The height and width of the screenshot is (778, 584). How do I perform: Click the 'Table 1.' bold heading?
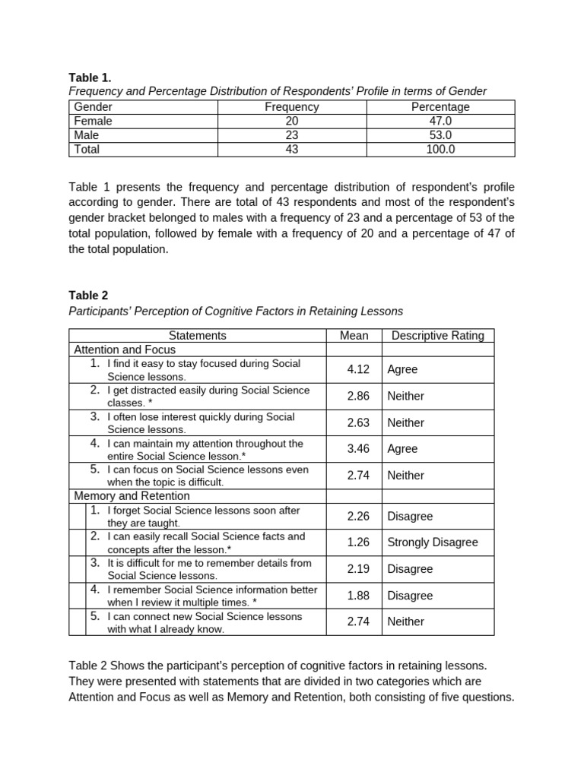click(90, 77)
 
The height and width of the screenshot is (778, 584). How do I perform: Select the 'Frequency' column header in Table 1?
click(291, 107)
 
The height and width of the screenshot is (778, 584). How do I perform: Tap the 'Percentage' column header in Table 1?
click(440, 107)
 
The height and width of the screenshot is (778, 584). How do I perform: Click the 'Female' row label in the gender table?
click(94, 121)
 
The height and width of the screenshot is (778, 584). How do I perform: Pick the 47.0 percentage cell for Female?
click(440, 121)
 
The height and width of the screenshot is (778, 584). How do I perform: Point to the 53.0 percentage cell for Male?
click(440, 135)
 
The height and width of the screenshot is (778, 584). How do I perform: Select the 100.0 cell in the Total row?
click(440, 150)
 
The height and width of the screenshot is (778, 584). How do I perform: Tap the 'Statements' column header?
click(197, 336)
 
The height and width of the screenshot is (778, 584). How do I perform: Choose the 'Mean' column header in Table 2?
click(354, 336)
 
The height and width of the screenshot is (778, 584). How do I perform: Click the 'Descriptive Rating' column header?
click(437, 336)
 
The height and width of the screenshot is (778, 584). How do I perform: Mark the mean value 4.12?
click(357, 369)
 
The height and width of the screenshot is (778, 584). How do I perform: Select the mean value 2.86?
click(357, 396)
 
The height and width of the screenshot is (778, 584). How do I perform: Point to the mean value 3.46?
click(357, 449)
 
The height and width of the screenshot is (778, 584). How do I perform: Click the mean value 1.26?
click(357, 542)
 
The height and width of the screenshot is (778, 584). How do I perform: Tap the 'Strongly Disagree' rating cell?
click(433, 542)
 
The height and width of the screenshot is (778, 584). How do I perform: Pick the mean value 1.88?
click(357, 596)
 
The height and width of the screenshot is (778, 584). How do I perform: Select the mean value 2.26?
click(357, 517)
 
